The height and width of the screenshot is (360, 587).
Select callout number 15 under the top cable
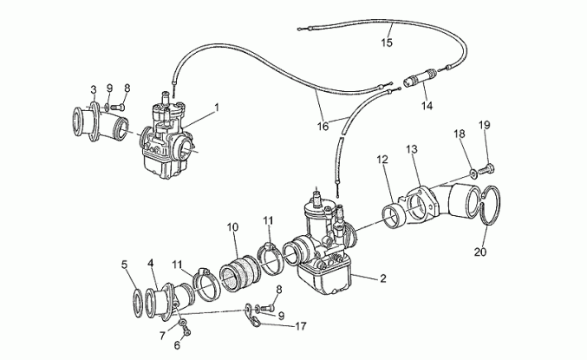pyautogui.click(x=388, y=40)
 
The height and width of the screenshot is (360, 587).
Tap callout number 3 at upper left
pyautogui.click(x=94, y=89)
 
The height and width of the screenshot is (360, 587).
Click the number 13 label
pyautogui.click(x=412, y=150)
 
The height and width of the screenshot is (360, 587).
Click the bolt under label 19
pyautogui.click(x=491, y=166)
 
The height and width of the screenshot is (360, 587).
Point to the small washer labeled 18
pyautogui.click(x=473, y=170)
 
